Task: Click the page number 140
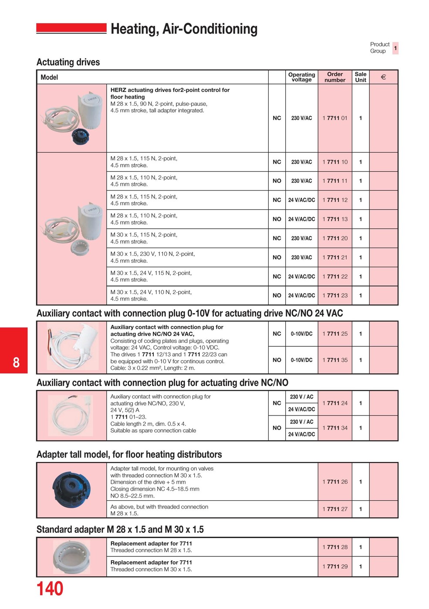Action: point(50,589)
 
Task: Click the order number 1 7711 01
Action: point(335,118)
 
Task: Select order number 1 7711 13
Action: point(335,219)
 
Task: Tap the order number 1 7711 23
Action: point(335,295)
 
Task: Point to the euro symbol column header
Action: point(383,77)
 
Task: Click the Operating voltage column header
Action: point(301,77)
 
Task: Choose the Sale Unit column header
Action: point(361,77)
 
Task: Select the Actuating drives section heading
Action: point(68,62)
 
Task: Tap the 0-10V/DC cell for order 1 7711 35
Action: point(301,360)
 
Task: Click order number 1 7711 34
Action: point(335,428)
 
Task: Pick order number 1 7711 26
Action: point(335,482)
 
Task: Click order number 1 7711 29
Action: point(335,566)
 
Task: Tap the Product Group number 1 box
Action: point(395,48)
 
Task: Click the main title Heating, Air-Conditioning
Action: point(184,29)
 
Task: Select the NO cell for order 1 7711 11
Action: point(277,181)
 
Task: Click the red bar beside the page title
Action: point(71,28)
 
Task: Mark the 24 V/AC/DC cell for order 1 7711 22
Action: point(301,277)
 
